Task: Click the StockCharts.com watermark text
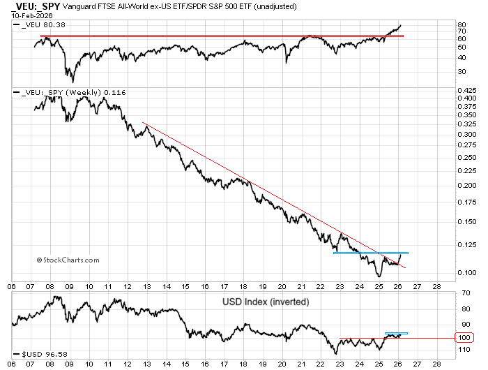(x=68, y=260)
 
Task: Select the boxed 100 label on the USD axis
(x=464, y=338)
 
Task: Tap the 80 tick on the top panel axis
(x=461, y=24)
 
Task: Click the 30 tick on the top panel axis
(x=461, y=71)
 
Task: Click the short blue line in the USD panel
(x=396, y=333)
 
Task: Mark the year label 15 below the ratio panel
(x=185, y=286)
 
